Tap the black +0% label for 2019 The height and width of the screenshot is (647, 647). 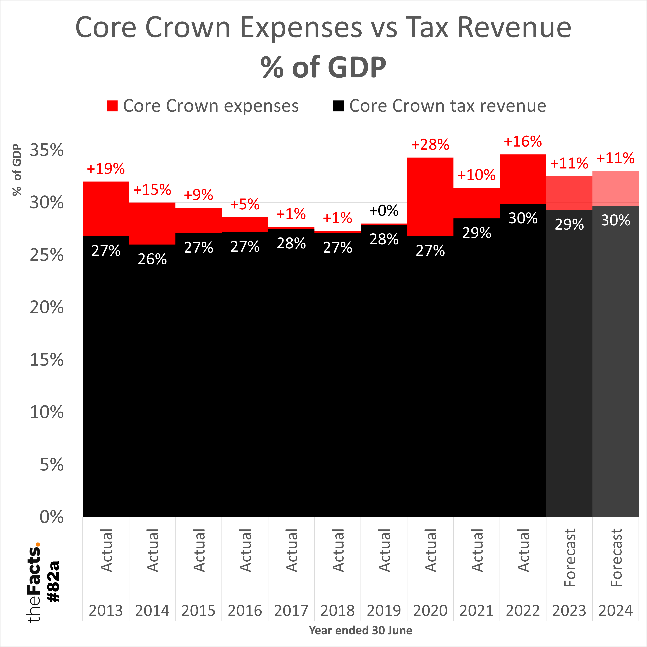[x=384, y=211]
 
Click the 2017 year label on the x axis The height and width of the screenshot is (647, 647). [x=291, y=610]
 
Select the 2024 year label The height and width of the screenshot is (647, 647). [x=615, y=610]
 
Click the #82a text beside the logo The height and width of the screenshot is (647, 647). [x=54, y=582]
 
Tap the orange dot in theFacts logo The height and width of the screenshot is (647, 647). [x=37, y=544]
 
